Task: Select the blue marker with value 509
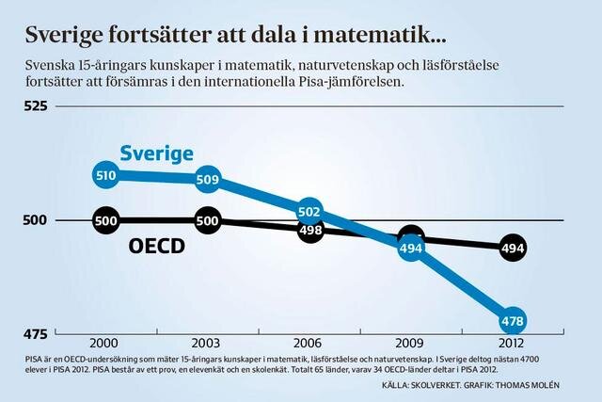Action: [208, 178]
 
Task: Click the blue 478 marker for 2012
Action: [513, 320]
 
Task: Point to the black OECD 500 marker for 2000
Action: [105, 220]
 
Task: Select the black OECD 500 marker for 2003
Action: [208, 220]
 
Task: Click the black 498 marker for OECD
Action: [309, 229]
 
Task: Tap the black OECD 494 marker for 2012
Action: [513, 248]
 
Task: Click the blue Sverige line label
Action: [156, 153]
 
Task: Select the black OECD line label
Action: [156, 248]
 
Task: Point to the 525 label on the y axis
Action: [38, 106]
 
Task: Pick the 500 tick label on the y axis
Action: [38, 220]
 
